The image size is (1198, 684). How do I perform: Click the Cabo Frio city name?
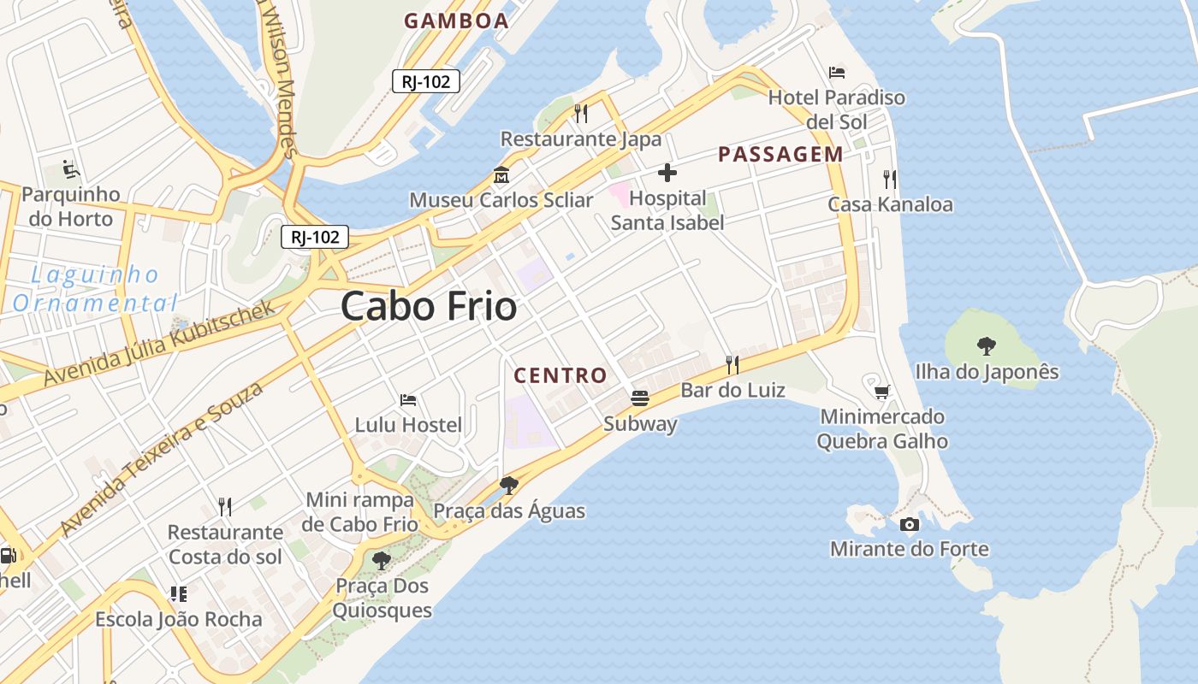point(429,306)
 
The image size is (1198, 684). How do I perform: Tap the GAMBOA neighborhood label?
point(456,21)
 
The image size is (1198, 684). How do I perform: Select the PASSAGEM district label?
point(780,154)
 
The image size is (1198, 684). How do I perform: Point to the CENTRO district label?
point(560,374)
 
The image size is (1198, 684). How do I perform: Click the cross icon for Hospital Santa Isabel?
point(667,174)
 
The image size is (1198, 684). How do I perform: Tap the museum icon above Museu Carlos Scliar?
point(501,175)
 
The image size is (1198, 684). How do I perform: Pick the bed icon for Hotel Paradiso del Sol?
point(837,73)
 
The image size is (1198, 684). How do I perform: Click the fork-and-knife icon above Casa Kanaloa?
point(890,179)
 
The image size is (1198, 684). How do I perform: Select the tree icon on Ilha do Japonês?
point(987,346)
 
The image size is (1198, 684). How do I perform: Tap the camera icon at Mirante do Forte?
point(909,524)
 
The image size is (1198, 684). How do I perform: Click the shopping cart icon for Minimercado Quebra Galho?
point(882,392)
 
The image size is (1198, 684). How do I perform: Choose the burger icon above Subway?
point(639,398)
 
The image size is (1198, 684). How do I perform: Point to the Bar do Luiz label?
point(732,390)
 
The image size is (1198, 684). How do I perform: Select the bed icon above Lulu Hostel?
point(408,399)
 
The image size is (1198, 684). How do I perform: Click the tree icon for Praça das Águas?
point(509,486)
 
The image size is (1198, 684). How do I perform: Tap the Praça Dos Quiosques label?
point(382,598)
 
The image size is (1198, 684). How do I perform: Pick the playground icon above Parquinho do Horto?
point(71,169)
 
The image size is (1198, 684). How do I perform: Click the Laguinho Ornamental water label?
point(94,288)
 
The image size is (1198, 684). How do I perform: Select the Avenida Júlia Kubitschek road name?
point(160,343)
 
